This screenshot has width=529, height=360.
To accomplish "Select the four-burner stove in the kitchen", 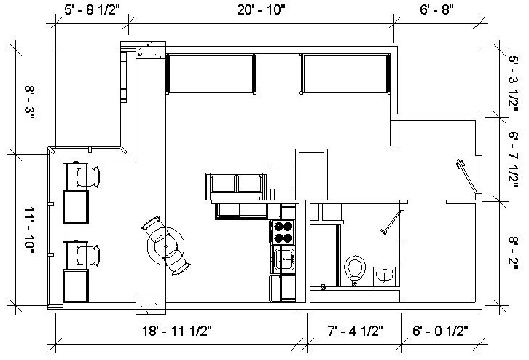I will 283,232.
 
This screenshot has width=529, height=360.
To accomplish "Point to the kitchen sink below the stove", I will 283,258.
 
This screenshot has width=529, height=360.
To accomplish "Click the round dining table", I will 165,247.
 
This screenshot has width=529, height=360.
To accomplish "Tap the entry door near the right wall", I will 464,176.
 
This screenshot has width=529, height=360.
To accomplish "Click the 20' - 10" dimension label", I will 260,9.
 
